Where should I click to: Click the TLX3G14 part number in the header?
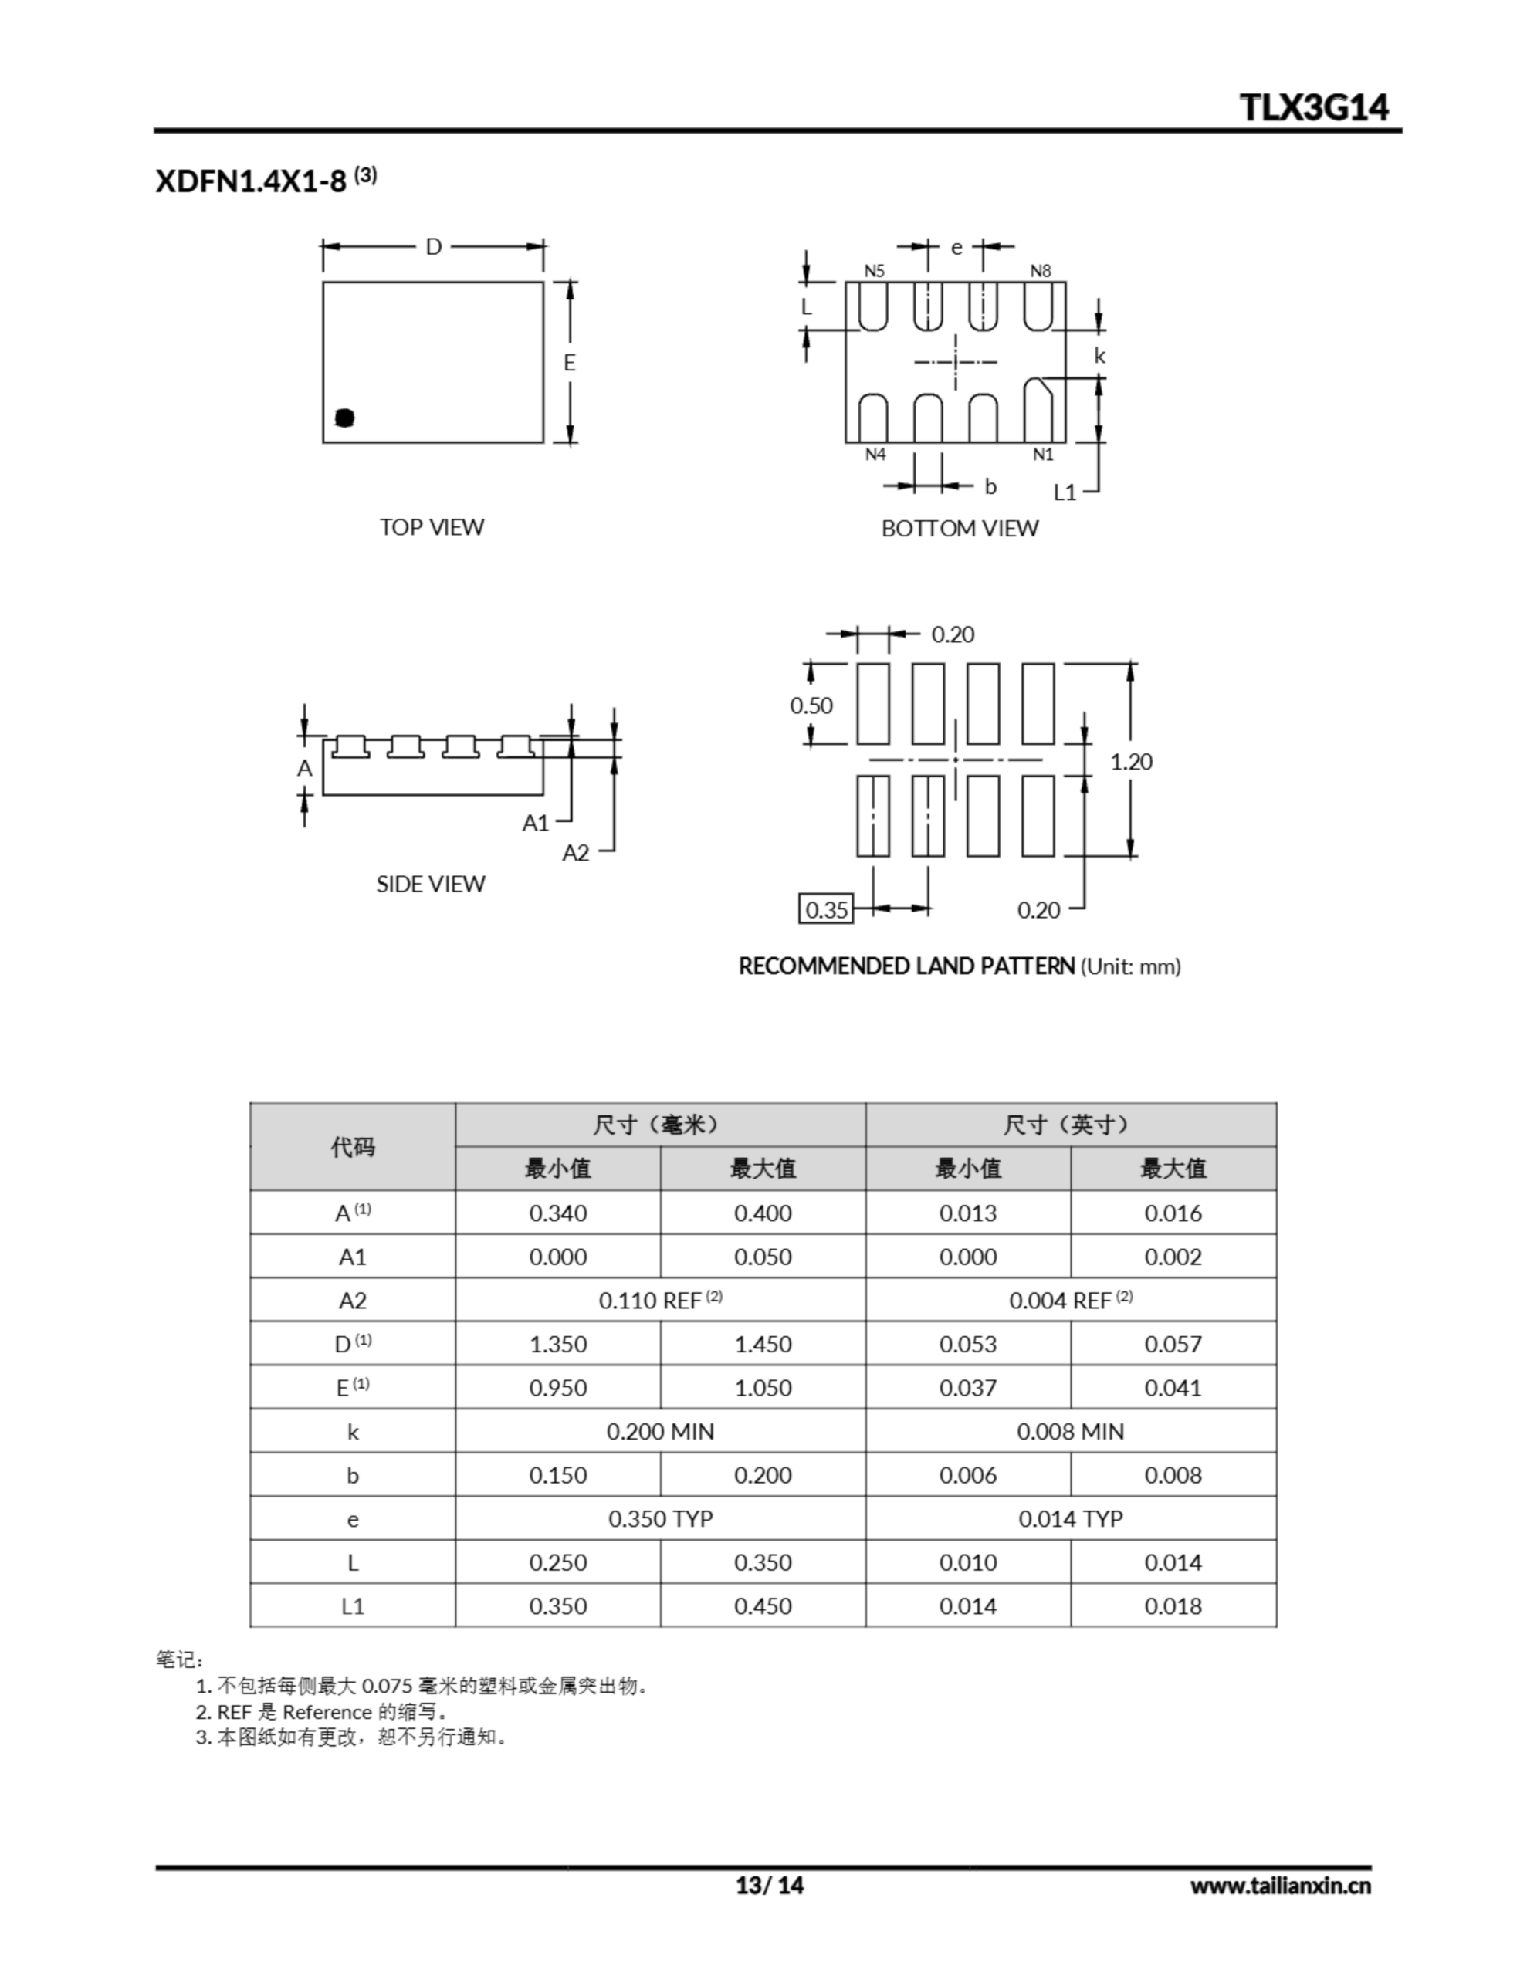(1313, 107)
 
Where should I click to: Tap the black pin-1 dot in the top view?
(344, 417)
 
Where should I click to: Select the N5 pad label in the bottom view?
(873, 270)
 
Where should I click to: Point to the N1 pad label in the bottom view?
(1043, 454)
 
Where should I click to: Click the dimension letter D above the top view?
(434, 247)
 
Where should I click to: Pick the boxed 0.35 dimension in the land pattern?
(825, 909)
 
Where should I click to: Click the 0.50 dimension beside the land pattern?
(811, 705)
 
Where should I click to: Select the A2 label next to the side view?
(576, 852)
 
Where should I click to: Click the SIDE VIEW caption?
(431, 884)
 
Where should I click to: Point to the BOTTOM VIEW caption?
(960, 529)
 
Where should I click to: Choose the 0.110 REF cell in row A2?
(660, 1300)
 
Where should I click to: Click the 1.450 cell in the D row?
(762, 1344)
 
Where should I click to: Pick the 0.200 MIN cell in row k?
(660, 1431)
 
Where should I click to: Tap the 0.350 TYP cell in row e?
(660, 1518)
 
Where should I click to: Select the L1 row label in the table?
(352, 1606)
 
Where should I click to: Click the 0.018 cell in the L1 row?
(1173, 1606)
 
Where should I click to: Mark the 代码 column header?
(352, 1147)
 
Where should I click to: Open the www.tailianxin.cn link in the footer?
(1280, 1886)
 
